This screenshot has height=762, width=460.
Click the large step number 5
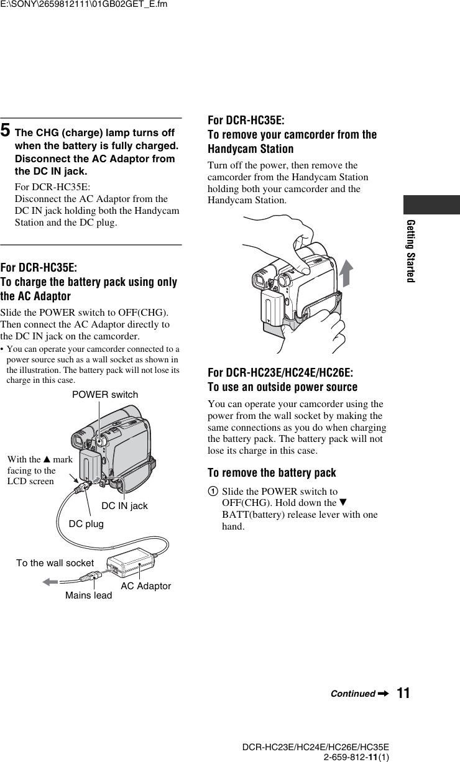[x=5, y=131]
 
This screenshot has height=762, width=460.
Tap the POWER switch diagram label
[x=105, y=395]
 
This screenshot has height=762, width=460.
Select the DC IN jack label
[x=124, y=506]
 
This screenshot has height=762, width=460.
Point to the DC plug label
[x=86, y=524]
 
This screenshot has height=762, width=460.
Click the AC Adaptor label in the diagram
[x=145, y=586]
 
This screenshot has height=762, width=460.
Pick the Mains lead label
[x=89, y=595]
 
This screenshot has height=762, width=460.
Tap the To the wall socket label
[x=55, y=563]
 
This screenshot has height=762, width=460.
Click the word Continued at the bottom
[x=352, y=694]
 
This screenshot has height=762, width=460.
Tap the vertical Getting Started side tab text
[x=411, y=250]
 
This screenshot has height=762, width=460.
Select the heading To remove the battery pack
[x=272, y=473]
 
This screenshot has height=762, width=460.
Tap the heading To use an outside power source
[x=282, y=387]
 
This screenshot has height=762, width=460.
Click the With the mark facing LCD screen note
[x=40, y=471]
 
